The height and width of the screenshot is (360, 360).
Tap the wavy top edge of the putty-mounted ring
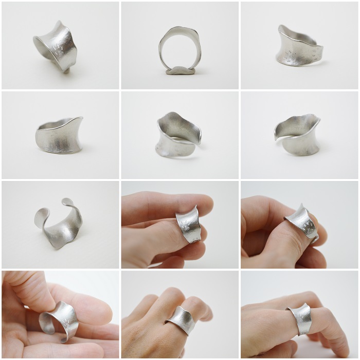point(179,28)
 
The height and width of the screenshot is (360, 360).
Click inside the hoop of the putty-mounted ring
point(179,49)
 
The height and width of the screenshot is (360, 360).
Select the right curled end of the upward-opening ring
point(69,203)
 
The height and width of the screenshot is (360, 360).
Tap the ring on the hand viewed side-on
point(301,319)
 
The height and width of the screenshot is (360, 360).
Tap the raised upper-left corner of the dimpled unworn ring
point(281,28)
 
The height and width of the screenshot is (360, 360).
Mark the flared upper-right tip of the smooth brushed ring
point(80,119)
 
